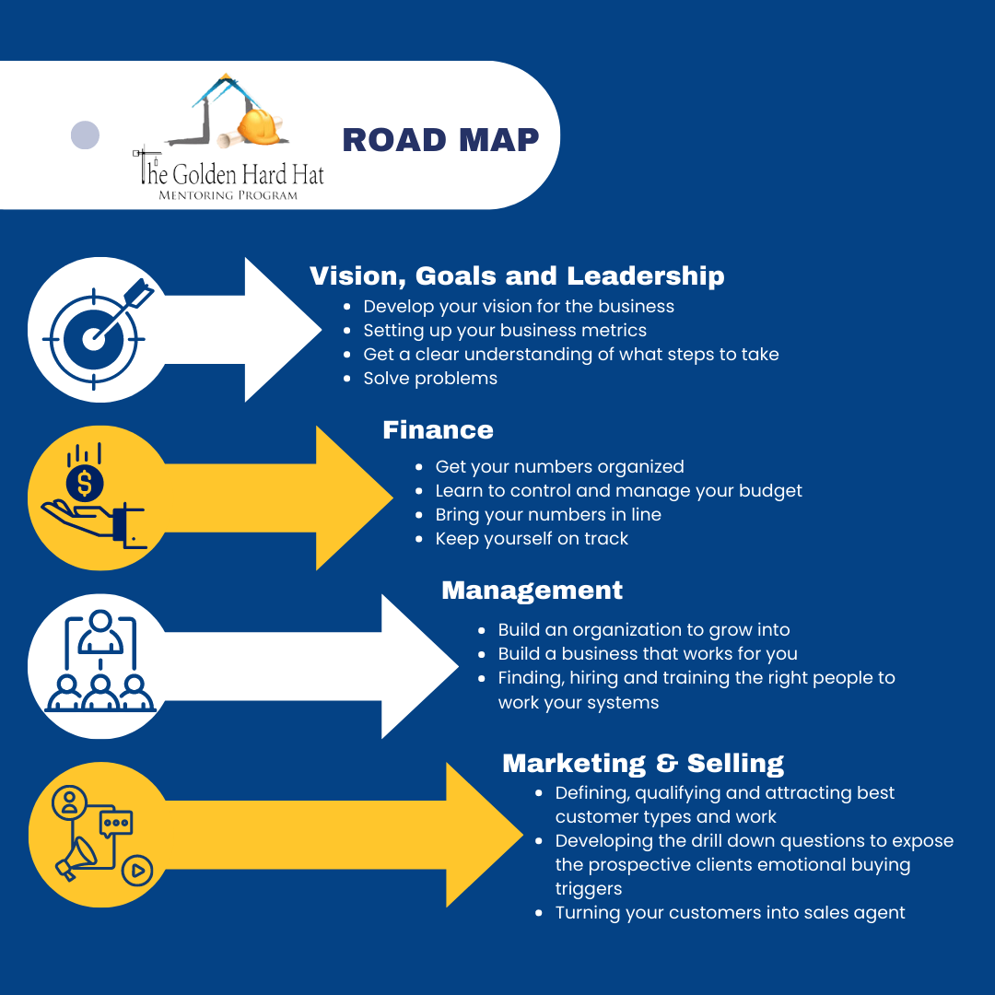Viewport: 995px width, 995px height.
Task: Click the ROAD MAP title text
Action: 440,140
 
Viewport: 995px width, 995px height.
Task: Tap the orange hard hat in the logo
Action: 260,125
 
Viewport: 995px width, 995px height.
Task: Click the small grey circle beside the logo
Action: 85,135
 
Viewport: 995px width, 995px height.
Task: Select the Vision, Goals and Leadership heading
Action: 517,276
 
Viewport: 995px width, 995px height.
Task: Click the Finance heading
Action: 438,430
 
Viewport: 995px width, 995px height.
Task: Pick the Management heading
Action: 532,591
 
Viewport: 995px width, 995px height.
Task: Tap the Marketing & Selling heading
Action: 643,764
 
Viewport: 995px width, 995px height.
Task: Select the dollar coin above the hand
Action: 85,483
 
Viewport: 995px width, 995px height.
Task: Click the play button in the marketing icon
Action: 137,871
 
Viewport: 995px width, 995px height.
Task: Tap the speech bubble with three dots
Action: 116,824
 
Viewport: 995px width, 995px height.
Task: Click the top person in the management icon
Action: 101,631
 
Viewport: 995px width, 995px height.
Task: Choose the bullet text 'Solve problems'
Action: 430,379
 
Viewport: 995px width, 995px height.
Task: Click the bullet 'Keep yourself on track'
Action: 532,539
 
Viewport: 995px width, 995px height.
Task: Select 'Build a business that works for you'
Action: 648,653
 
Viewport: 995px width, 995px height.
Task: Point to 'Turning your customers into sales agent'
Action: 730,912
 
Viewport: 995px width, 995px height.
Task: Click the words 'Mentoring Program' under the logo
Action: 228,195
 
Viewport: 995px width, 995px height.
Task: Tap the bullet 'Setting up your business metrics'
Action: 505,331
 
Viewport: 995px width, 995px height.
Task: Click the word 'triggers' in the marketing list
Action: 588,889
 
